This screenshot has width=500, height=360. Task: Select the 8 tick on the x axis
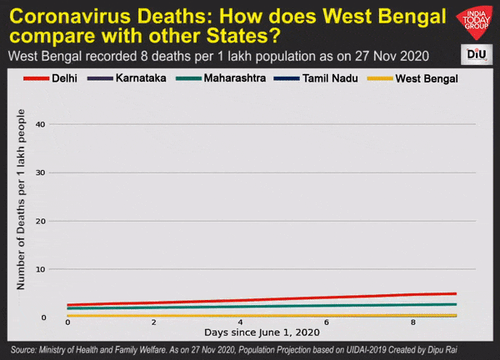[413, 322]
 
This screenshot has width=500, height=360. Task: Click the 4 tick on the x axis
[240, 322]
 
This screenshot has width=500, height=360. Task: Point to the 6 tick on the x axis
[327, 322]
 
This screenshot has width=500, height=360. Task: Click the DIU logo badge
[476, 54]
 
